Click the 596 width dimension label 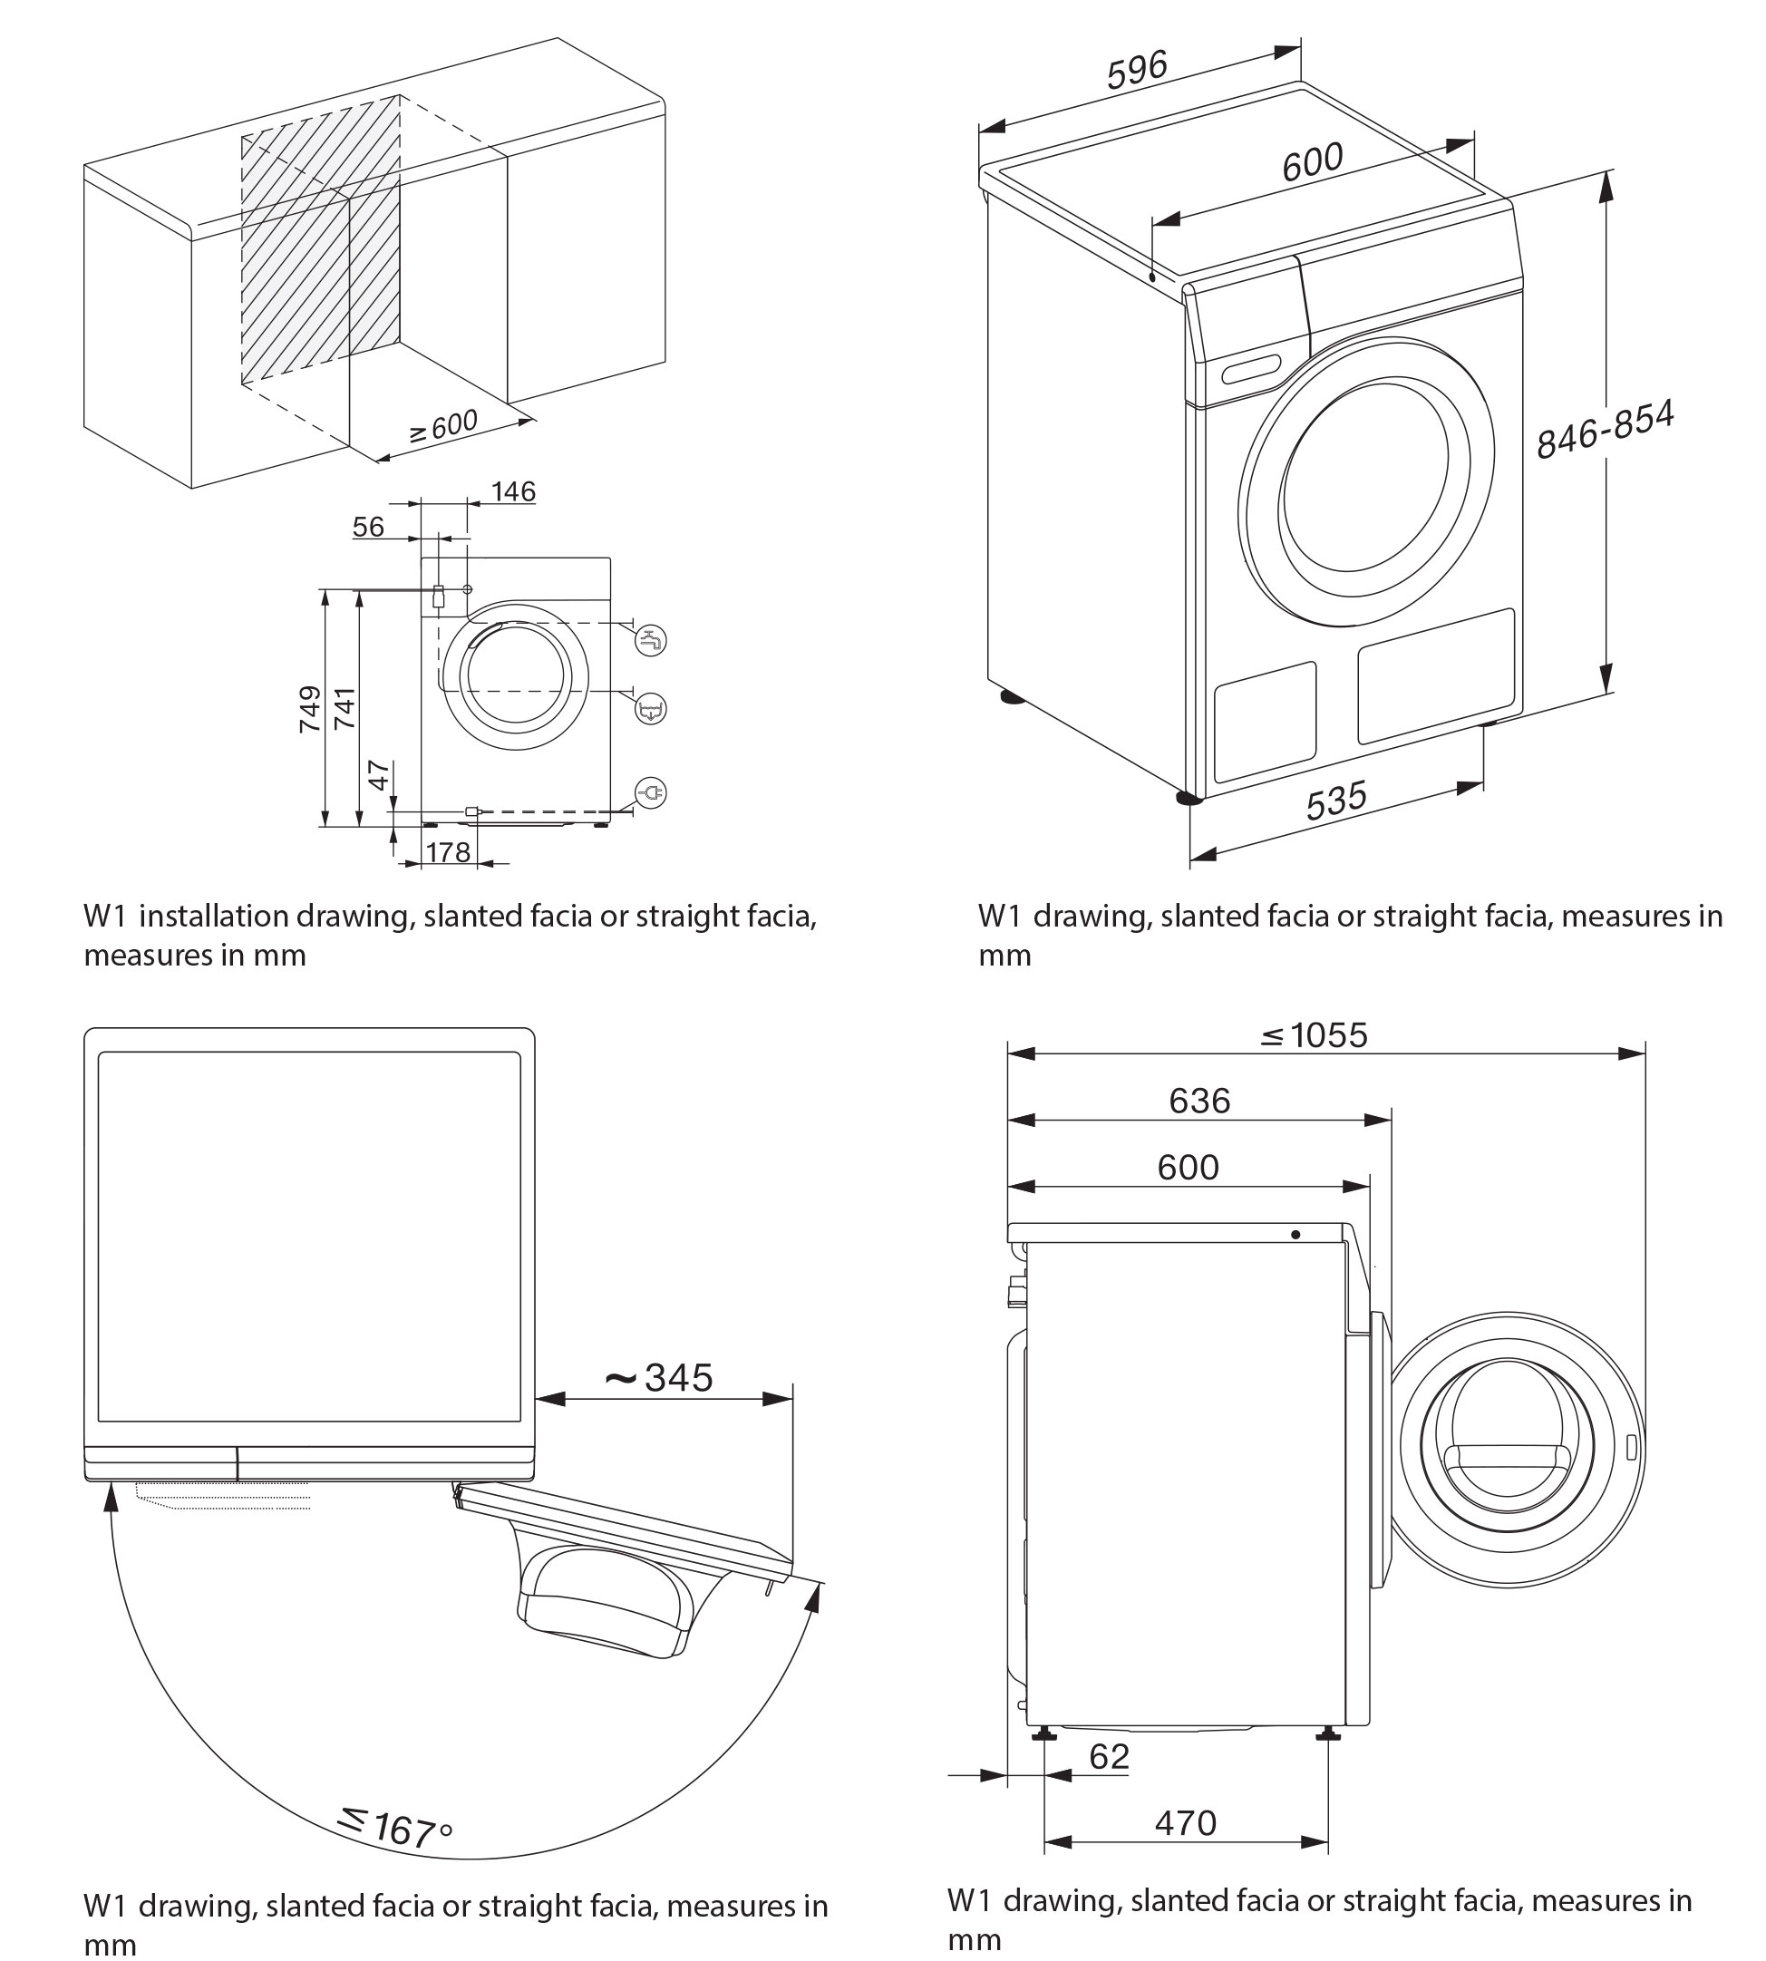1137,71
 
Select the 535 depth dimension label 1336,801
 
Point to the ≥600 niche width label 443,427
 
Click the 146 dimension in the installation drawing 512,492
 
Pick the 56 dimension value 368,527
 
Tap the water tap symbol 650,640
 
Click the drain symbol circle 650,709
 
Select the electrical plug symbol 650,793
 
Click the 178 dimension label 447,852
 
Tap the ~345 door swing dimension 659,1378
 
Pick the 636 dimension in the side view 1199,1102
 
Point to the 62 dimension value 1109,1756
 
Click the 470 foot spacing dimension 1185,1823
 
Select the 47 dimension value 379,775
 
